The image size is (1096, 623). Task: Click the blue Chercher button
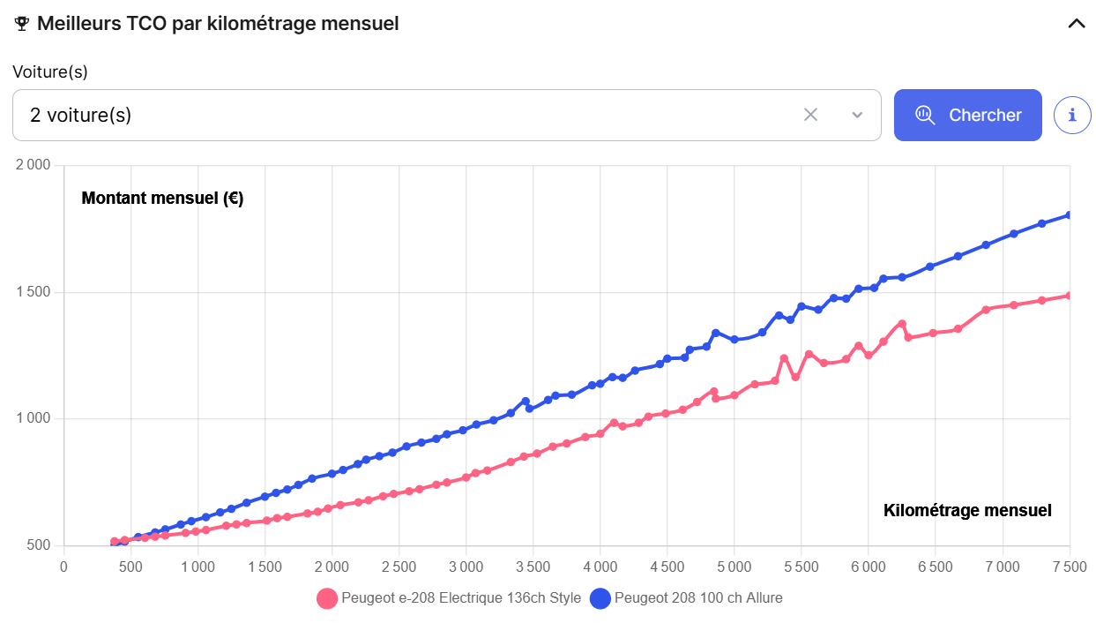pyautogui.click(x=967, y=115)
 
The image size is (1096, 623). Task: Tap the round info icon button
pyautogui.click(x=1072, y=115)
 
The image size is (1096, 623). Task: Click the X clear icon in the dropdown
pyautogui.click(x=810, y=115)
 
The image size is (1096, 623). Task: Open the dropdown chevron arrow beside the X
pyautogui.click(x=857, y=115)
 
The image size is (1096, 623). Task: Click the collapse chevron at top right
pyautogui.click(x=1077, y=24)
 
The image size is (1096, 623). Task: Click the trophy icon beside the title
pyautogui.click(x=23, y=24)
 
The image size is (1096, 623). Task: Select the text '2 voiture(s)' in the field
pyautogui.click(x=80, y=115)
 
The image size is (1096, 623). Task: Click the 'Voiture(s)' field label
pyautogui.click(x=50, y=71)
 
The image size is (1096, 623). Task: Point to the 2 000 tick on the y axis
pyautogui.click(x=34, y=166)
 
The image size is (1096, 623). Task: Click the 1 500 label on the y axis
pyautogui.click(x=34, y=292)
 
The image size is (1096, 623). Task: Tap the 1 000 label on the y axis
pyautogui.click(x=34, y=418)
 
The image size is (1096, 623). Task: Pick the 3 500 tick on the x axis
pyautogui.click(x=533, y=566)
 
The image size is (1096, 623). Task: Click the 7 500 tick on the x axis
pyautogui.click(x=1069, y=566)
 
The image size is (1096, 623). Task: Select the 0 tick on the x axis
pyautogui.click(x=63, y=566)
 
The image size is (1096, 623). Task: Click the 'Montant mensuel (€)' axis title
pyautogui.click(x=162, y=199)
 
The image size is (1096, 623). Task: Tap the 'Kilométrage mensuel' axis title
pyautogui.click(x=967, y=510)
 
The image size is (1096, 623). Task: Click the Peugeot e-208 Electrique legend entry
pyautogui.click(x=450, y=598)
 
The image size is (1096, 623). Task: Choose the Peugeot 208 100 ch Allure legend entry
pyautogui.click(x=687, y=598)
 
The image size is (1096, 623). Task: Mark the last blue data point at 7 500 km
pyautogui.click(x=1069, y=214)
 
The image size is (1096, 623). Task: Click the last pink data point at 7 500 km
pyautogui.click(x=1069, y=296)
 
